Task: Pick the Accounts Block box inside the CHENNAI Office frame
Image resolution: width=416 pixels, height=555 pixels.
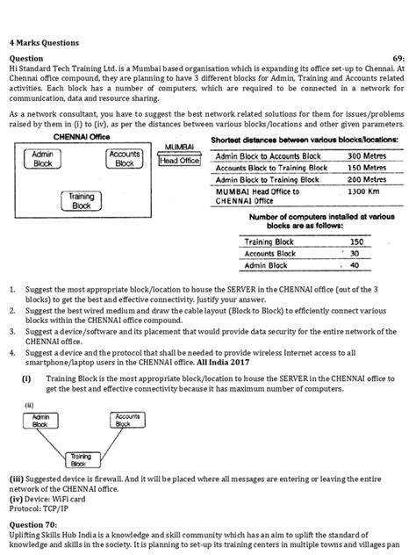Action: pos(125,159)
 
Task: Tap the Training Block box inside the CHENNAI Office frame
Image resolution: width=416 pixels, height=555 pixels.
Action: pos(81,202)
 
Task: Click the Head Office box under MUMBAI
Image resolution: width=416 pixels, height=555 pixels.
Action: pos(179,160)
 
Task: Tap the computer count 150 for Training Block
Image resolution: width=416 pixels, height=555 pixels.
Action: pos(356,241)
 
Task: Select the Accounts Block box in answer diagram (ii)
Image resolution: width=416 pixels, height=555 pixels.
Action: pos(128,420)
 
